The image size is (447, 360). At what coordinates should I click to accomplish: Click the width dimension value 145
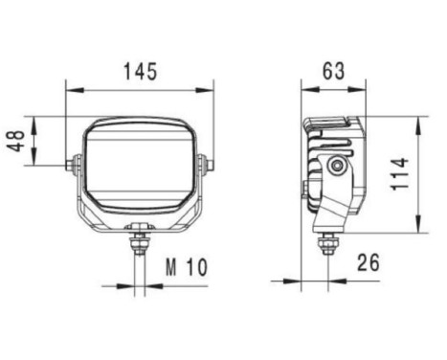coord(140,72)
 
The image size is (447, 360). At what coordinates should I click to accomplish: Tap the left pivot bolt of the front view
coord(71,165)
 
